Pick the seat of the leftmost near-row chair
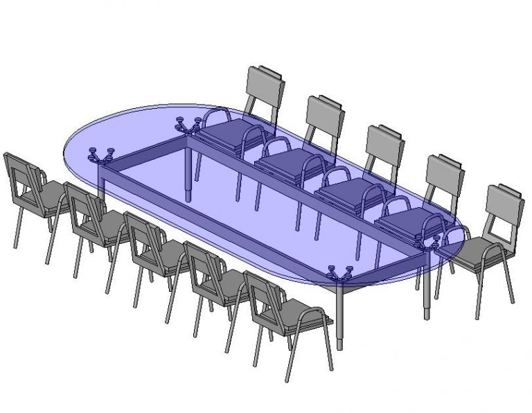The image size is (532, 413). pos(53,195)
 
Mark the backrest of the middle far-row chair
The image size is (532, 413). pos(384,146)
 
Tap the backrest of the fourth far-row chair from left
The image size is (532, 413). pos(444,176)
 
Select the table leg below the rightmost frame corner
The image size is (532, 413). pos(427,291)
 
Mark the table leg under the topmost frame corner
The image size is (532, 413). pos(188,173)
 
